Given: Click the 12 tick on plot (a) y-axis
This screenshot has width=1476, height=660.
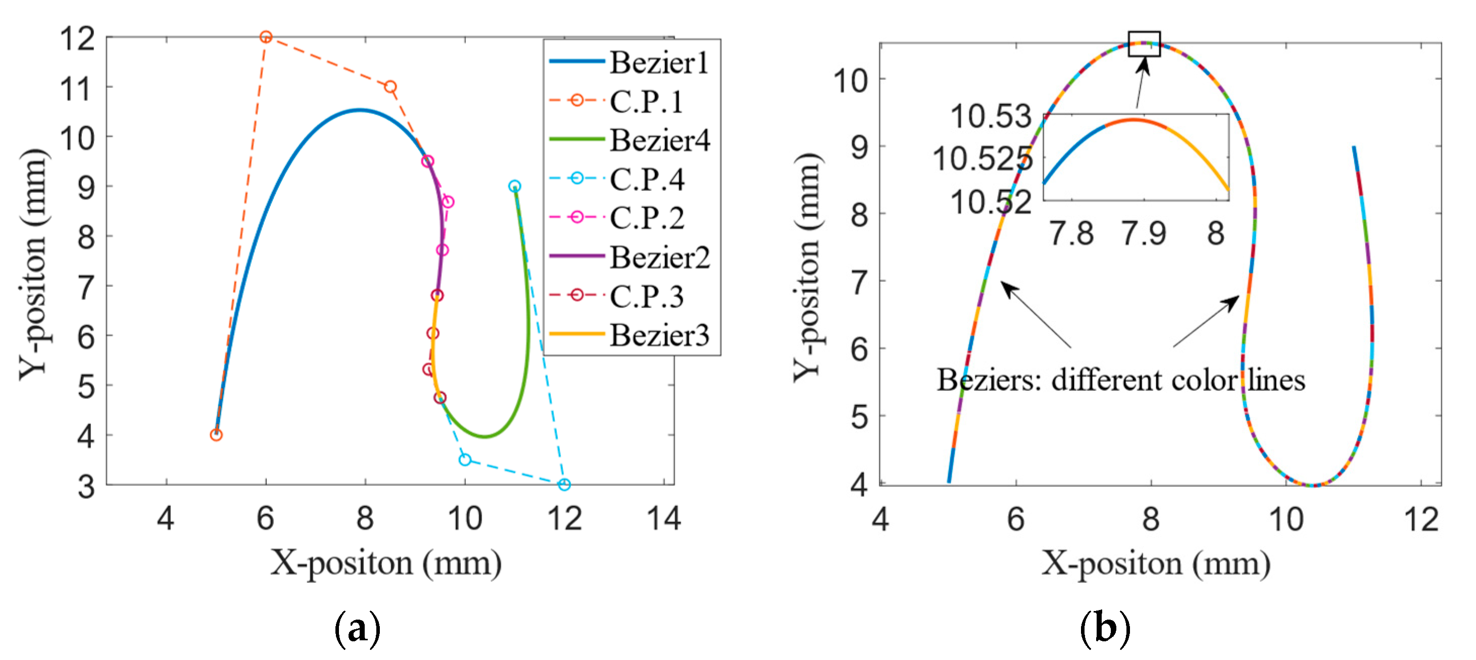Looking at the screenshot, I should coord(77,38).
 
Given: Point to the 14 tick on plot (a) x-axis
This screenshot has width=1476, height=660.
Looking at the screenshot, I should coord(664,519).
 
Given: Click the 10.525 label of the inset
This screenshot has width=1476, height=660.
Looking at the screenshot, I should coord(982,159).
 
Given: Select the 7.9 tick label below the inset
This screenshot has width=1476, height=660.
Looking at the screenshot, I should coord(1144,233).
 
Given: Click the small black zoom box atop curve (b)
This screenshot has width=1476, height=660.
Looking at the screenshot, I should coord(1144,43).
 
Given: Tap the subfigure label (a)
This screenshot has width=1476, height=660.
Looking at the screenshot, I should coord(357,629).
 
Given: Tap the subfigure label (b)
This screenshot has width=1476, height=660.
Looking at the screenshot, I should coord(1105,629).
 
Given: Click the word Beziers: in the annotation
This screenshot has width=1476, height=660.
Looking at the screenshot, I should coord(989,380).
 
